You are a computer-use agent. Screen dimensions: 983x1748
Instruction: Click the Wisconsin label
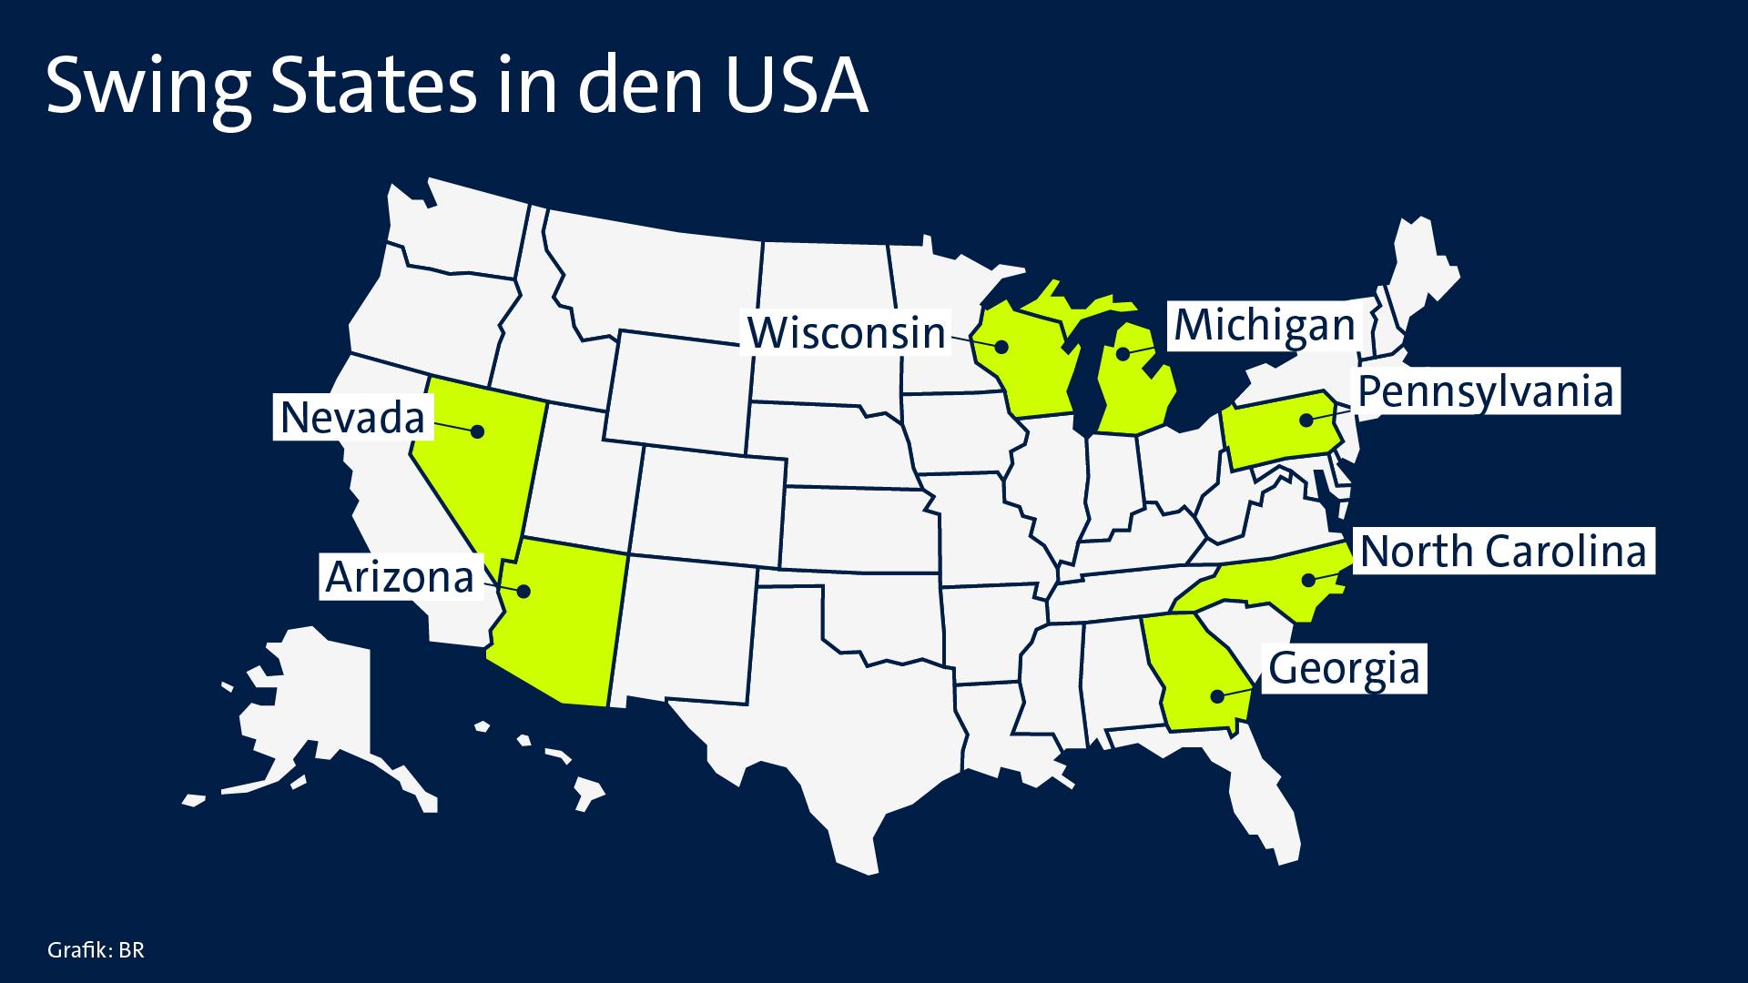pyautogui.click(x=847, y=333)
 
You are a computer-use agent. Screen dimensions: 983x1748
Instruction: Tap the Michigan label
pyautogui.click(x=1265, y=326)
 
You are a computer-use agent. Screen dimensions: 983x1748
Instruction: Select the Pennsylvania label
pyautogui.click(x=1485, y=392)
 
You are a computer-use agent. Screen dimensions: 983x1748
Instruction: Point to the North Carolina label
pyautogui.click(x=1503, y=552)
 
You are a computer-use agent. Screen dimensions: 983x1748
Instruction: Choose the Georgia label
pyautogui.click(x=1344, y=668)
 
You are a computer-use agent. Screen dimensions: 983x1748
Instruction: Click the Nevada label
pyautogui.click(x=352, y=419)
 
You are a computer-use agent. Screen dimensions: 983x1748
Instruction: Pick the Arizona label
pyautogui.click(x=400, y=577)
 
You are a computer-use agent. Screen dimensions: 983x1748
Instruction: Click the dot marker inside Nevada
pyautogui.click(x=476, y=431)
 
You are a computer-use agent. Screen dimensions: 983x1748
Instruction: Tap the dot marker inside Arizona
pyautogui.click(x=523, y=591)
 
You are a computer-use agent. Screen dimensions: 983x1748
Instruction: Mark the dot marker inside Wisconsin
pyautogui.click(x=1001, y=346)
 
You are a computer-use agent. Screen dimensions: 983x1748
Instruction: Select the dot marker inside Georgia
pyautogui.click(x=1216, y=696)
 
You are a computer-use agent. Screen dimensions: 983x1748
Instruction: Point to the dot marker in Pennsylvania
pyautogui.click(x=1306, y=420)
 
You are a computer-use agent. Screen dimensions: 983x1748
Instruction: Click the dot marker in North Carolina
pyautogui.click(x=1306, y=579)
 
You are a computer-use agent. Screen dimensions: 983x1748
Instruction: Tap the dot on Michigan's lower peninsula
pyautogui.click(x=1123, y=353)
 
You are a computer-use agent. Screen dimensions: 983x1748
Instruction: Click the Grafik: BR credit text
pyautogui.click(x=96, y=951)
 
